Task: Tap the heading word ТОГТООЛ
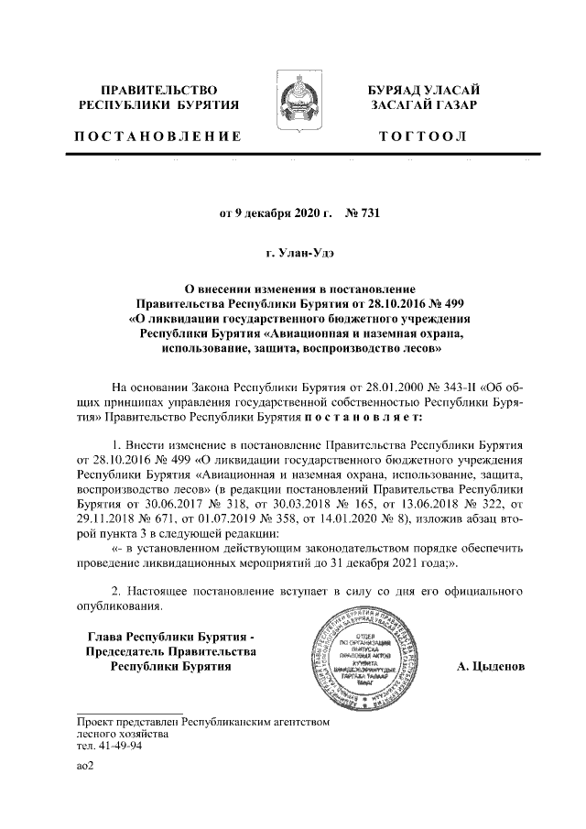pos(421,136)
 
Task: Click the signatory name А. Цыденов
pos(491,666)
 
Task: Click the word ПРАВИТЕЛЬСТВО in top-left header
pos(157,90)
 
